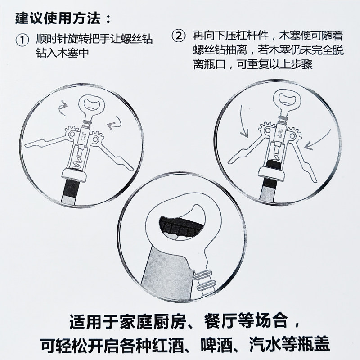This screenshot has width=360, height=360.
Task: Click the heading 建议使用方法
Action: pos(58,18)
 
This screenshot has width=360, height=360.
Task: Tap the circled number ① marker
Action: pos(22,40)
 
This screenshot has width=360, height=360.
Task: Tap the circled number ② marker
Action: pos(178,36)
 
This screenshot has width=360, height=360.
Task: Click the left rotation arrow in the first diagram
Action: pos(63,109)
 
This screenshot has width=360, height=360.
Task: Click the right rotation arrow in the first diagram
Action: pos(114,123)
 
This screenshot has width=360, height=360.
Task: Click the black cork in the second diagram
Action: pos(274,165)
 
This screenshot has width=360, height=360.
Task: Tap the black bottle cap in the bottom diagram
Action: pos(181,226)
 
